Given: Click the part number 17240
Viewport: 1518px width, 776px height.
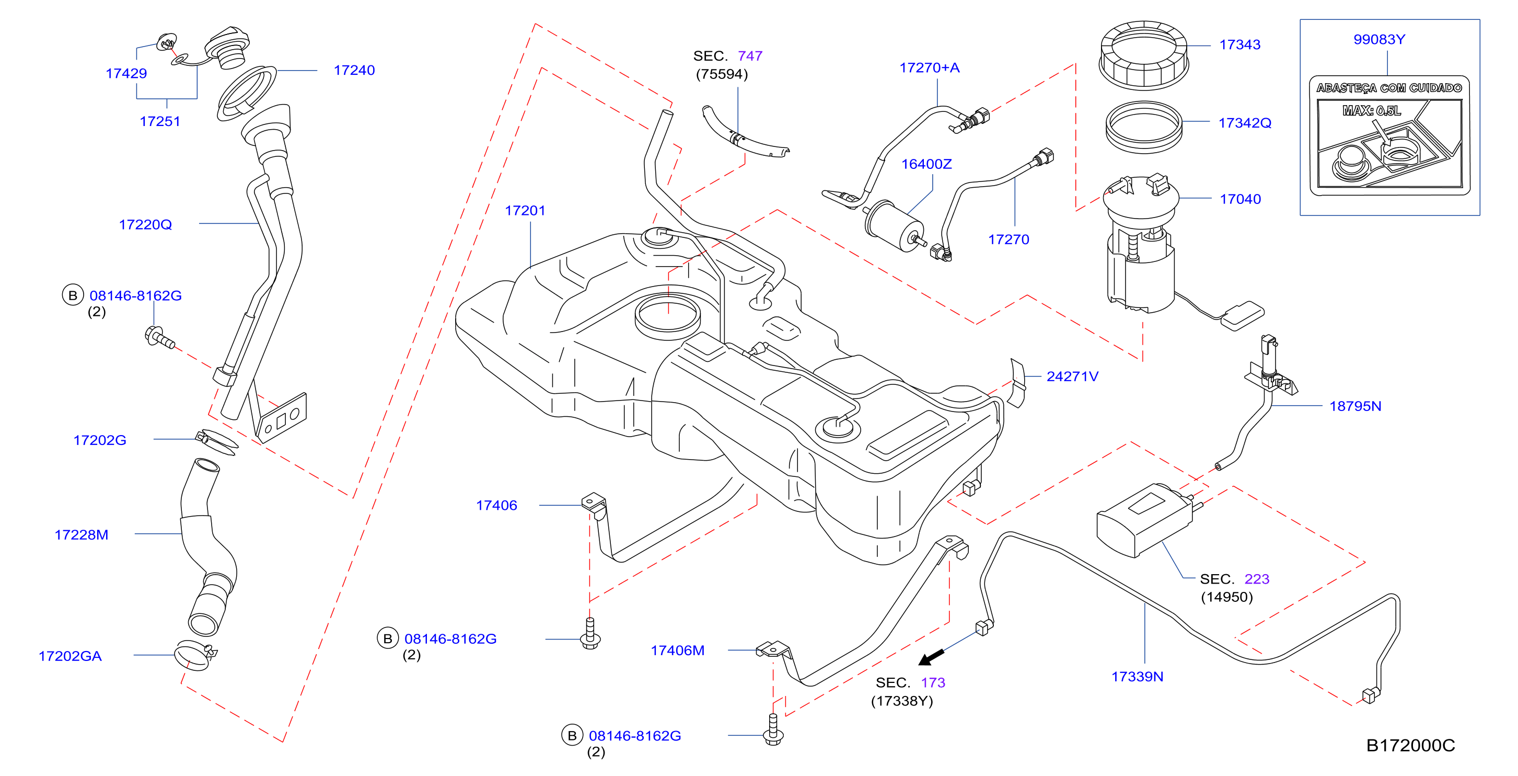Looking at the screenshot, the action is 354,70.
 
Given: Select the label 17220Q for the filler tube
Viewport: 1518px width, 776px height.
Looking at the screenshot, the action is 146,225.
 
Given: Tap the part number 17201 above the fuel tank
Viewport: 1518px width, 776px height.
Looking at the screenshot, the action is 525,211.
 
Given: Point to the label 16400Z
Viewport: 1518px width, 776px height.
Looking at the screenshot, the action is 926,164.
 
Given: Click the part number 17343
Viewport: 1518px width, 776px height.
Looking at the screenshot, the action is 1240,44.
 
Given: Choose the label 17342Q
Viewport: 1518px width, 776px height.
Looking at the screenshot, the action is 1245,123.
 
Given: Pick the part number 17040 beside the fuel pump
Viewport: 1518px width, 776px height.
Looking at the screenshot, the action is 1241,199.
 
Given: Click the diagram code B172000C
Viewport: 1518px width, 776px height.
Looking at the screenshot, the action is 1411,745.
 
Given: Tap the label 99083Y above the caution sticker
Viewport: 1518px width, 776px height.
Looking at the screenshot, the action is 1379,40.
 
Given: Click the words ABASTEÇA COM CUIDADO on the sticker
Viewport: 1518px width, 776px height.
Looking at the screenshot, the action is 1389,88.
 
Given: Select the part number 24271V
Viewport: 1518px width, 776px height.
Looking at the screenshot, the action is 1072,376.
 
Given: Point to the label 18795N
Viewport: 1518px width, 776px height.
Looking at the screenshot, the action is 1355,406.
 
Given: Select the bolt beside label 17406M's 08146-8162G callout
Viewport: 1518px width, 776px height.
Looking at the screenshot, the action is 773,730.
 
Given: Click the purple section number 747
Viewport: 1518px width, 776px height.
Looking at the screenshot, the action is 750,56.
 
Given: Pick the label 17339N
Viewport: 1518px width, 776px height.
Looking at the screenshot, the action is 1137,676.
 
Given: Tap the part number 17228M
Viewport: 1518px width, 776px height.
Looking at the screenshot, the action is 82,535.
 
